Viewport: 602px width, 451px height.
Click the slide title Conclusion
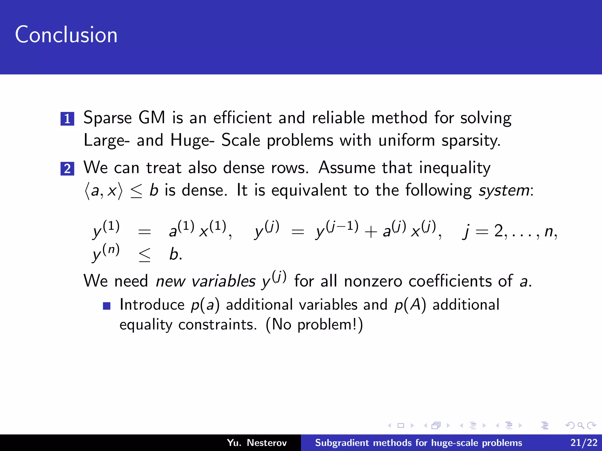[66, 35]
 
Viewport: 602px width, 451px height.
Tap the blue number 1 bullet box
[67, 119]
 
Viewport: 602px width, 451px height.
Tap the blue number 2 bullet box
[67, 169]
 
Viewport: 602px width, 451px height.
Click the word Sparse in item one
[108, 118]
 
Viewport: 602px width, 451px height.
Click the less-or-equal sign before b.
[145, 255]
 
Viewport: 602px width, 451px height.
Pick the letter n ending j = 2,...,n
[549, 232]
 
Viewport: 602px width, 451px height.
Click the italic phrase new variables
[205, 281]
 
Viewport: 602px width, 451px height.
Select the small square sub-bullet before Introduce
[107, 306]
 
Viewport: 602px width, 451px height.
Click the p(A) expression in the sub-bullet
[410, 305]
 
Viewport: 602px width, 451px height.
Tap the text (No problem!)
[314, 325]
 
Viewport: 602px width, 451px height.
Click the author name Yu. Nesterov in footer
[257, 443]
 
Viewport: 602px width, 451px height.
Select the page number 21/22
[584, 443]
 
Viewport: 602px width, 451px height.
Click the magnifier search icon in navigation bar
[581, 425]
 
